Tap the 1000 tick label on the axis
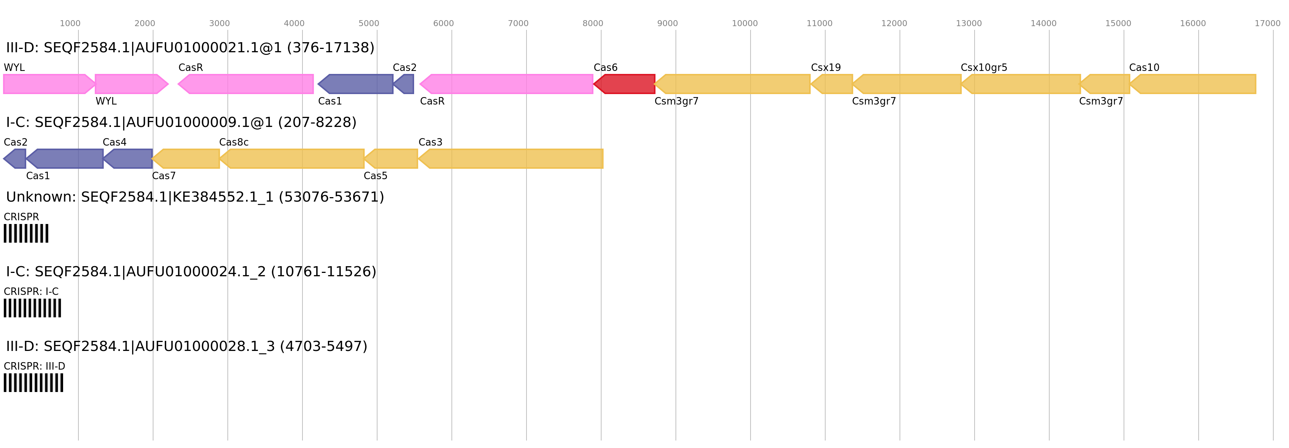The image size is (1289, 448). [x=70, y=24]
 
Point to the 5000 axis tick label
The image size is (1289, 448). [x=369, y=24]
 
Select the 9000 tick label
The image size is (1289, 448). [x=668, y=24]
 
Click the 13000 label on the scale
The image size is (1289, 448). [x=969, y=24]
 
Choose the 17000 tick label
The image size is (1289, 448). [x=1267, y=24]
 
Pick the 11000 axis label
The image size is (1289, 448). [x=819, y=24]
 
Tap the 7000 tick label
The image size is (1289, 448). [x=518, y=24]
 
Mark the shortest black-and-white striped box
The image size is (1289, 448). [x=26, y=233]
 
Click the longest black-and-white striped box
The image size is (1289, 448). [x=34, y=382]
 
